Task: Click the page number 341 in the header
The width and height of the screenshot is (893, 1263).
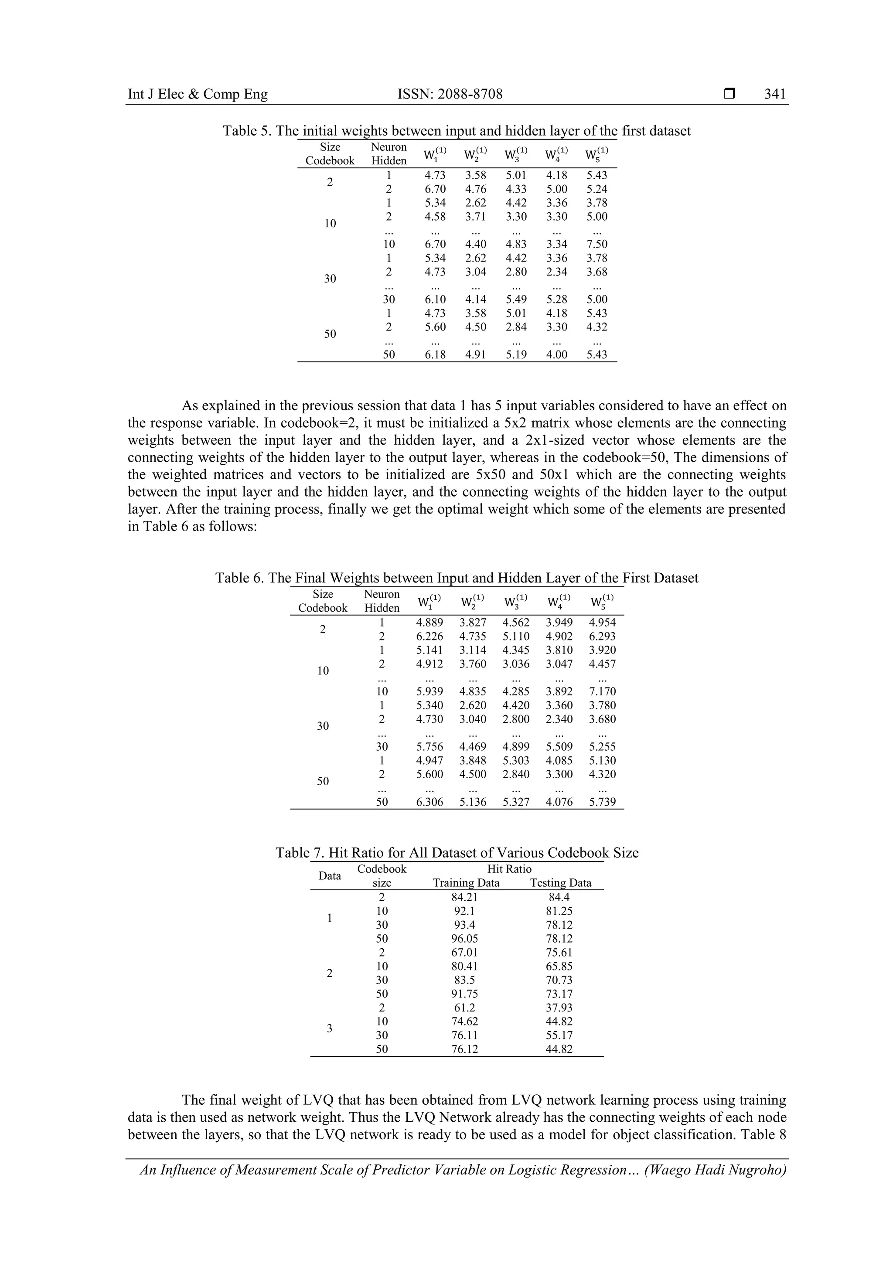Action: [775, 94]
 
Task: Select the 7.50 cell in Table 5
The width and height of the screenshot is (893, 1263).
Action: [596, 244]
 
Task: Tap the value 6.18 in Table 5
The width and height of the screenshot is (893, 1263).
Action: [435, 355]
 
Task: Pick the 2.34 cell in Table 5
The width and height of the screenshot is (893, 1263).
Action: [556, 272]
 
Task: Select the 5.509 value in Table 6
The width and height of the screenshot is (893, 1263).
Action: [559, 747]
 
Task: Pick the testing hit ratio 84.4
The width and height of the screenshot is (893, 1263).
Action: [559, 898]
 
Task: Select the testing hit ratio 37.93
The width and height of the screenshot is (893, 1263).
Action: [559, 1008]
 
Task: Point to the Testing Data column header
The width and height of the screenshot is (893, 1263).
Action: [560, 883]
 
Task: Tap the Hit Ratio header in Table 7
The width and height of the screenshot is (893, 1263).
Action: [509, 869]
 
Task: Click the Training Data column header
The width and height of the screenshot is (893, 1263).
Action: [466, 883]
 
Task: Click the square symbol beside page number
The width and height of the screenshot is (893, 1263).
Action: [729, 94]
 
